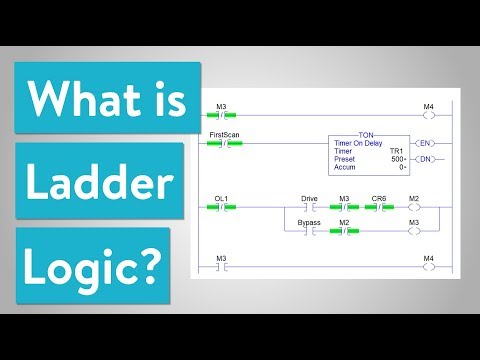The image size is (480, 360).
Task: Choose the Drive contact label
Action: pyautogui.click(x=309, y=198)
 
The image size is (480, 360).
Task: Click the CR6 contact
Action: pyautogui.click(x=378, y=207)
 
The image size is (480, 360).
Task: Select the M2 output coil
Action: pyautogui.click(x=427, y=207)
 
